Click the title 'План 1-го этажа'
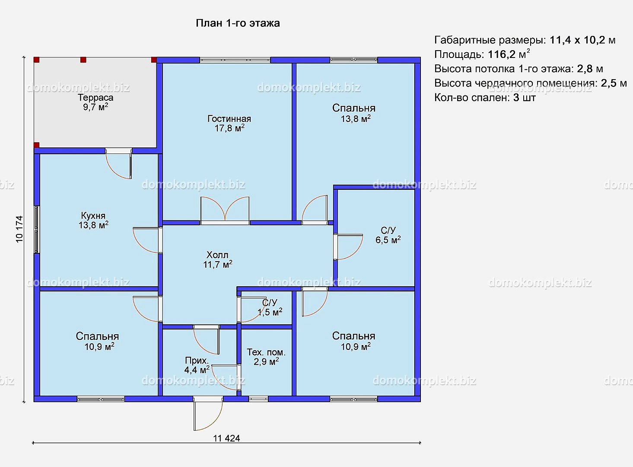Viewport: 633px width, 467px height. coord(238,23)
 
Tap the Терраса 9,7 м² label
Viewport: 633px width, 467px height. coord(95,102)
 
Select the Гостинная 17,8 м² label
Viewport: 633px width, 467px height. coord(229,123)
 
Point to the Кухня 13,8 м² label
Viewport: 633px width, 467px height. coord(93,221)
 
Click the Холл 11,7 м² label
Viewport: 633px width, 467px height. coord(218,260)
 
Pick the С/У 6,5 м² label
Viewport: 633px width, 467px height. coord(388,235)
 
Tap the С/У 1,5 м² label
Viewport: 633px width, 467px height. coord(270,307)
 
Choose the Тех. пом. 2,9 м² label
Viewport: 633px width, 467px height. coord(266,357)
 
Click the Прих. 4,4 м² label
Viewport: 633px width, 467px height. coord(197,365)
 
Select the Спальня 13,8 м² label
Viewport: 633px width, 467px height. coord(354,113)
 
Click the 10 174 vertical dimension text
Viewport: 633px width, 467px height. coord(19,229)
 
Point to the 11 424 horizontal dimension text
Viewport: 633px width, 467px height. coord(226,438)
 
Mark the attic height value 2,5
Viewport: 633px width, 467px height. coord(608,83)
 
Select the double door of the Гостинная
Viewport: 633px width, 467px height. coord(225,211)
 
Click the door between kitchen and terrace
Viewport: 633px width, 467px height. coord(119,164)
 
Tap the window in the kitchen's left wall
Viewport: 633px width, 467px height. coord(36,230)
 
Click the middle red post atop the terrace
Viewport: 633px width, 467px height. coord(83,60)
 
